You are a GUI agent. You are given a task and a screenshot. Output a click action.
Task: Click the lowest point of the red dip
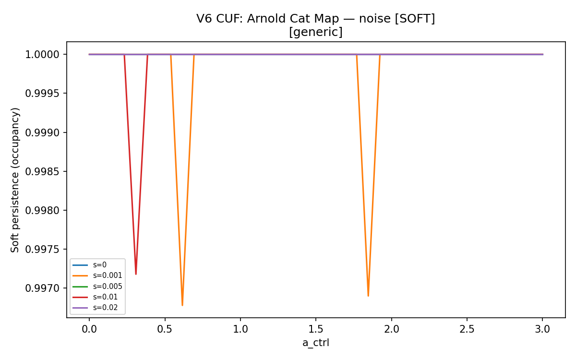[136, 274]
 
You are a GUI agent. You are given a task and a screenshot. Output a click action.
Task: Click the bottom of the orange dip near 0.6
[182, 305]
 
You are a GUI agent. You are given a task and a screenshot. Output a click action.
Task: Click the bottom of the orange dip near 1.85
[368, 296]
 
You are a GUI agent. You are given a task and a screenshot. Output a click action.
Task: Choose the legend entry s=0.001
[97, 276]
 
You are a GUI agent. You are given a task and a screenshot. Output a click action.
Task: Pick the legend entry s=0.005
[97, 287]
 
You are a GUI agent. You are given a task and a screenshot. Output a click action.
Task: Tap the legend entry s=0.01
[95, 297]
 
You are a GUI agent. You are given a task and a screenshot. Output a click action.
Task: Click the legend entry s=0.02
[95, 308]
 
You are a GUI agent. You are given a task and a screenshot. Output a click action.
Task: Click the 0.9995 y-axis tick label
[42, 93]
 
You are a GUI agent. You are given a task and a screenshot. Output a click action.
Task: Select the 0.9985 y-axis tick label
[42, 171]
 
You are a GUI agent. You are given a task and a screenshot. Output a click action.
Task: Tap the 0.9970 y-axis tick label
[42, 288]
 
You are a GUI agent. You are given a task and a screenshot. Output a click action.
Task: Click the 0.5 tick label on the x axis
[165, 329]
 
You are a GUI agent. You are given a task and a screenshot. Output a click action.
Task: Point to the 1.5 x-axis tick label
[316, 329]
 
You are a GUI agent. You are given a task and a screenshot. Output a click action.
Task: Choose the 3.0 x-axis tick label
[542, 329]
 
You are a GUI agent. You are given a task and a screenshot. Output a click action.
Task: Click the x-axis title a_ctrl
[316, 343]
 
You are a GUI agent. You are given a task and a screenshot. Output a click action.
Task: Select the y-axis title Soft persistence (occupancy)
[15, 180]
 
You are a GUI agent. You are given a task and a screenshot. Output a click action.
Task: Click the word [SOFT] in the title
[415, 19]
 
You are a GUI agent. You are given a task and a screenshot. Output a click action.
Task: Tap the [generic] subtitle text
[316, 32]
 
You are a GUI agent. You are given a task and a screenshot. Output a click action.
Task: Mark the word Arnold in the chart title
[267, 19]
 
